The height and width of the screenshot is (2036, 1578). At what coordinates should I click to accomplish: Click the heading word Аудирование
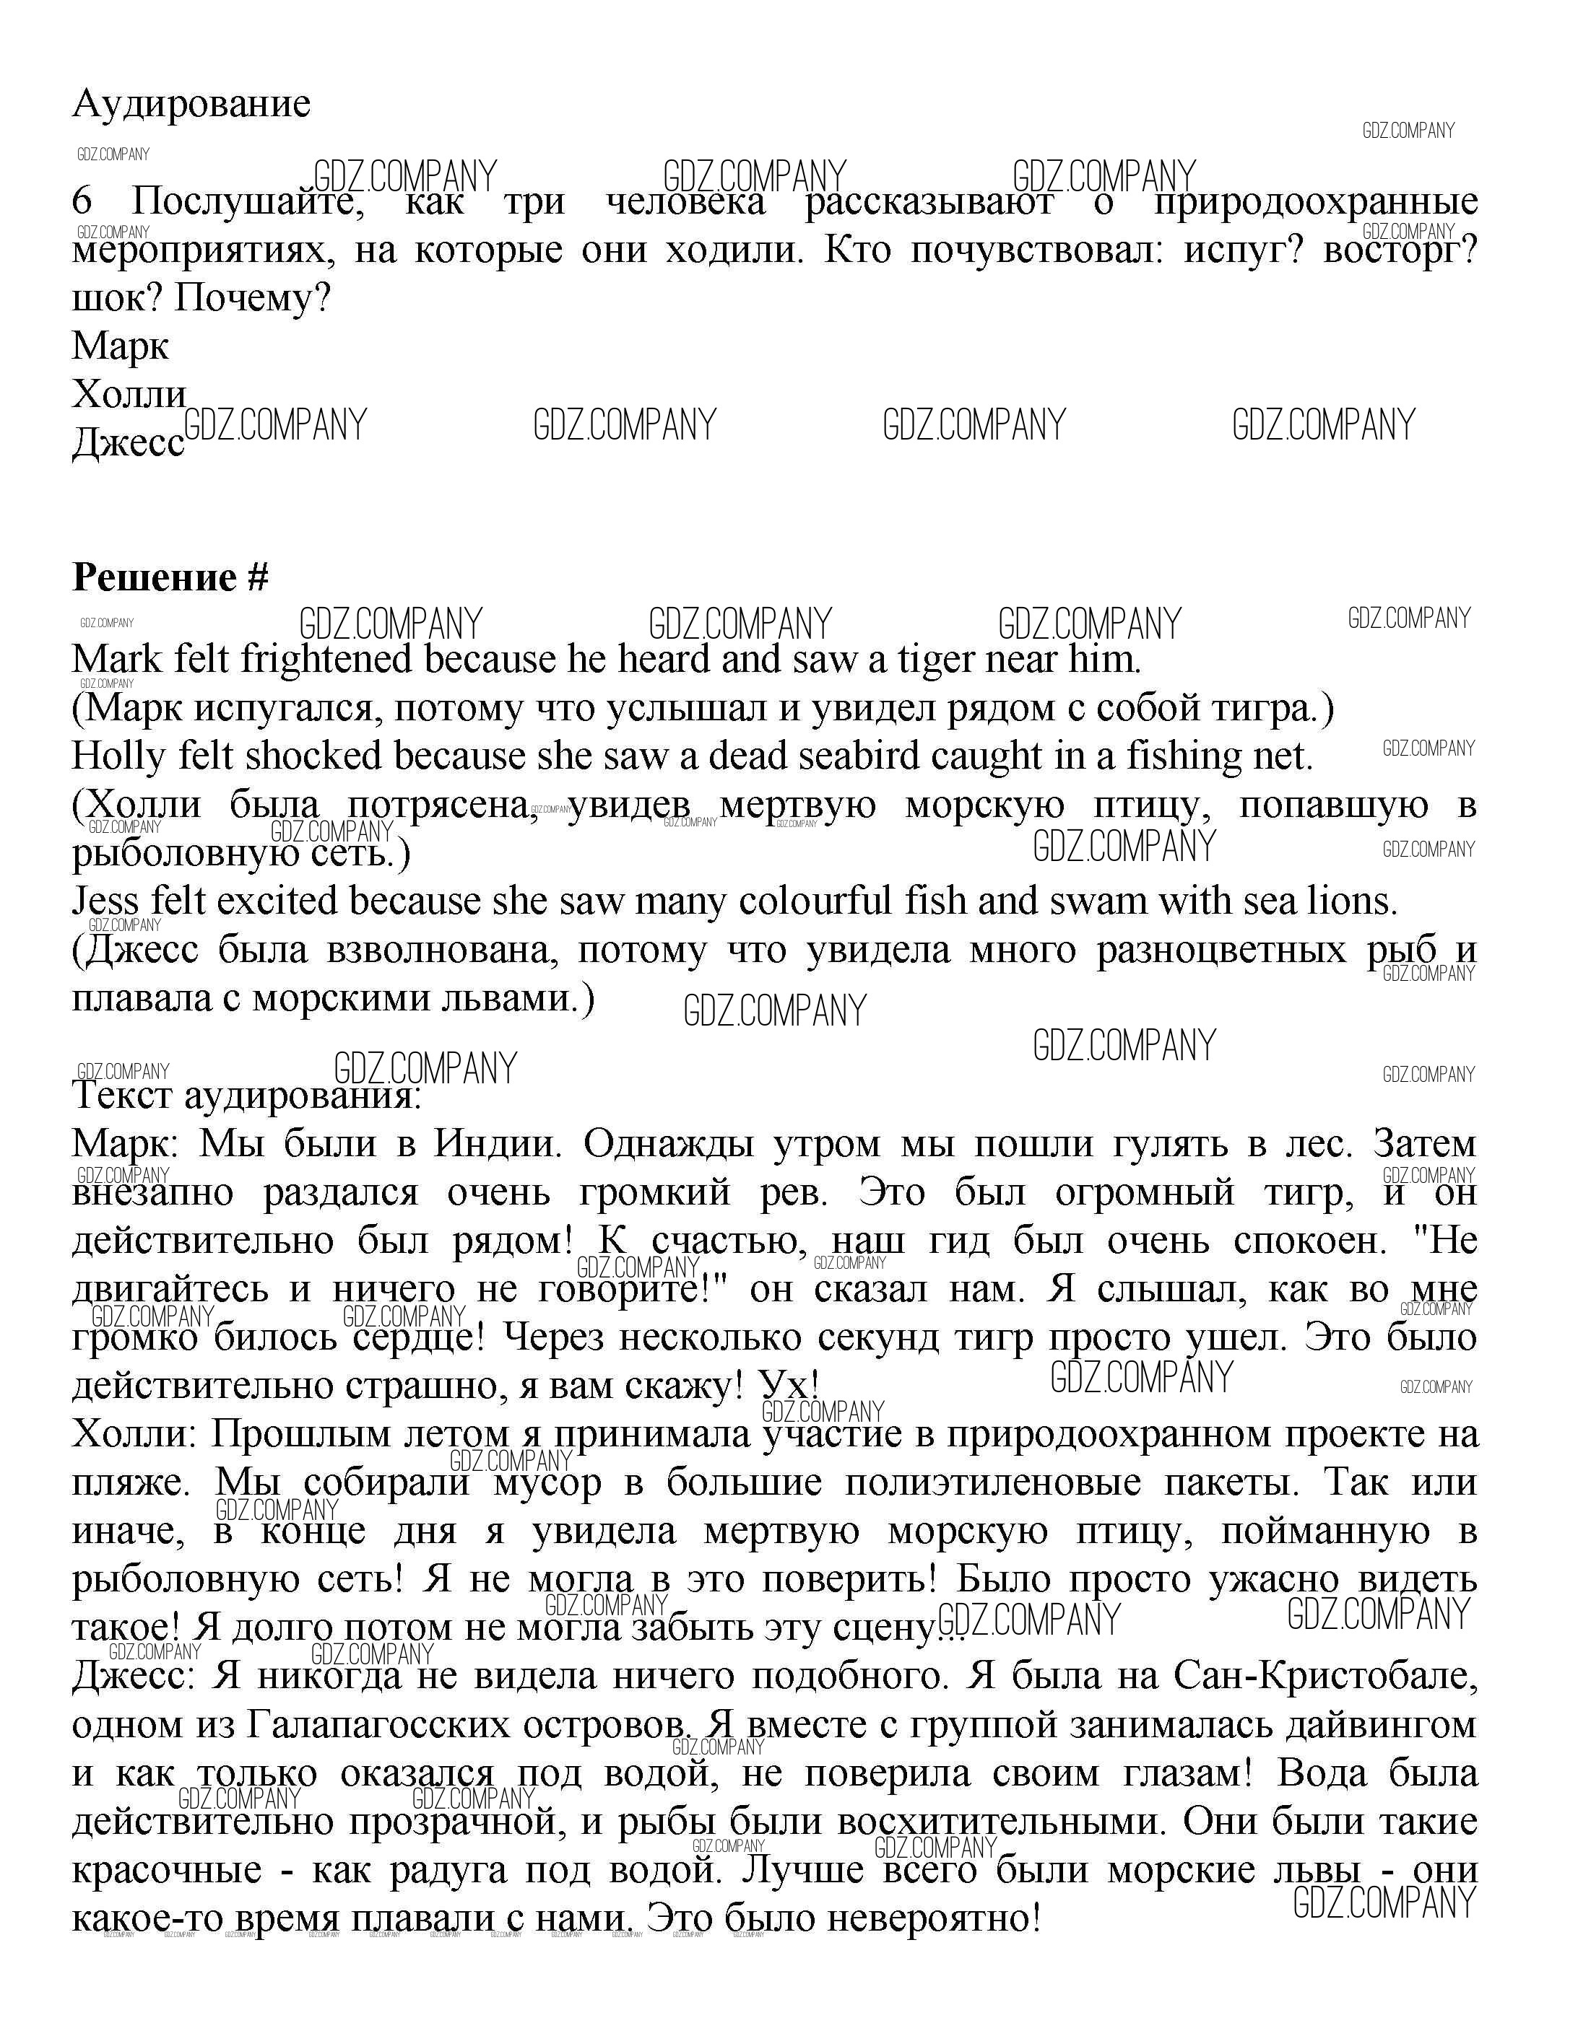pyautogui.click(x=191, y=103)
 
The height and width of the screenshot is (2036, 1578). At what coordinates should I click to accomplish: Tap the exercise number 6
pyautogui.click(x=83, y=201)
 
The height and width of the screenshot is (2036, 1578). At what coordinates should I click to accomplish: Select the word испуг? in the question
pyautogui.click(x=1242, y=250)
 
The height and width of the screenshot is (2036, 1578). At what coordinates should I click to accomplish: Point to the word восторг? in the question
pyautogui.click(x=1400, y=250)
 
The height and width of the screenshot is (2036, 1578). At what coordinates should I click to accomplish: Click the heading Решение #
pyautogui.click(x=170, y=578)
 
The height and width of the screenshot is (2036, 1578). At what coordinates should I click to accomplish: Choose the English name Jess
pyautogui.click(x=106, y=901)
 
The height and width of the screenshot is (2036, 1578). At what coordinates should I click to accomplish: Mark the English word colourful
pyautogui.click(x=820, y=901)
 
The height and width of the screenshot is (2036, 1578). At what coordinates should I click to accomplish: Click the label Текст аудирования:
pyautogui.click(x=247, y=1094)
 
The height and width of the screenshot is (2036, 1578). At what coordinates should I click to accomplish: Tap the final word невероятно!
pyautogui.click(x=932, y=1918)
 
